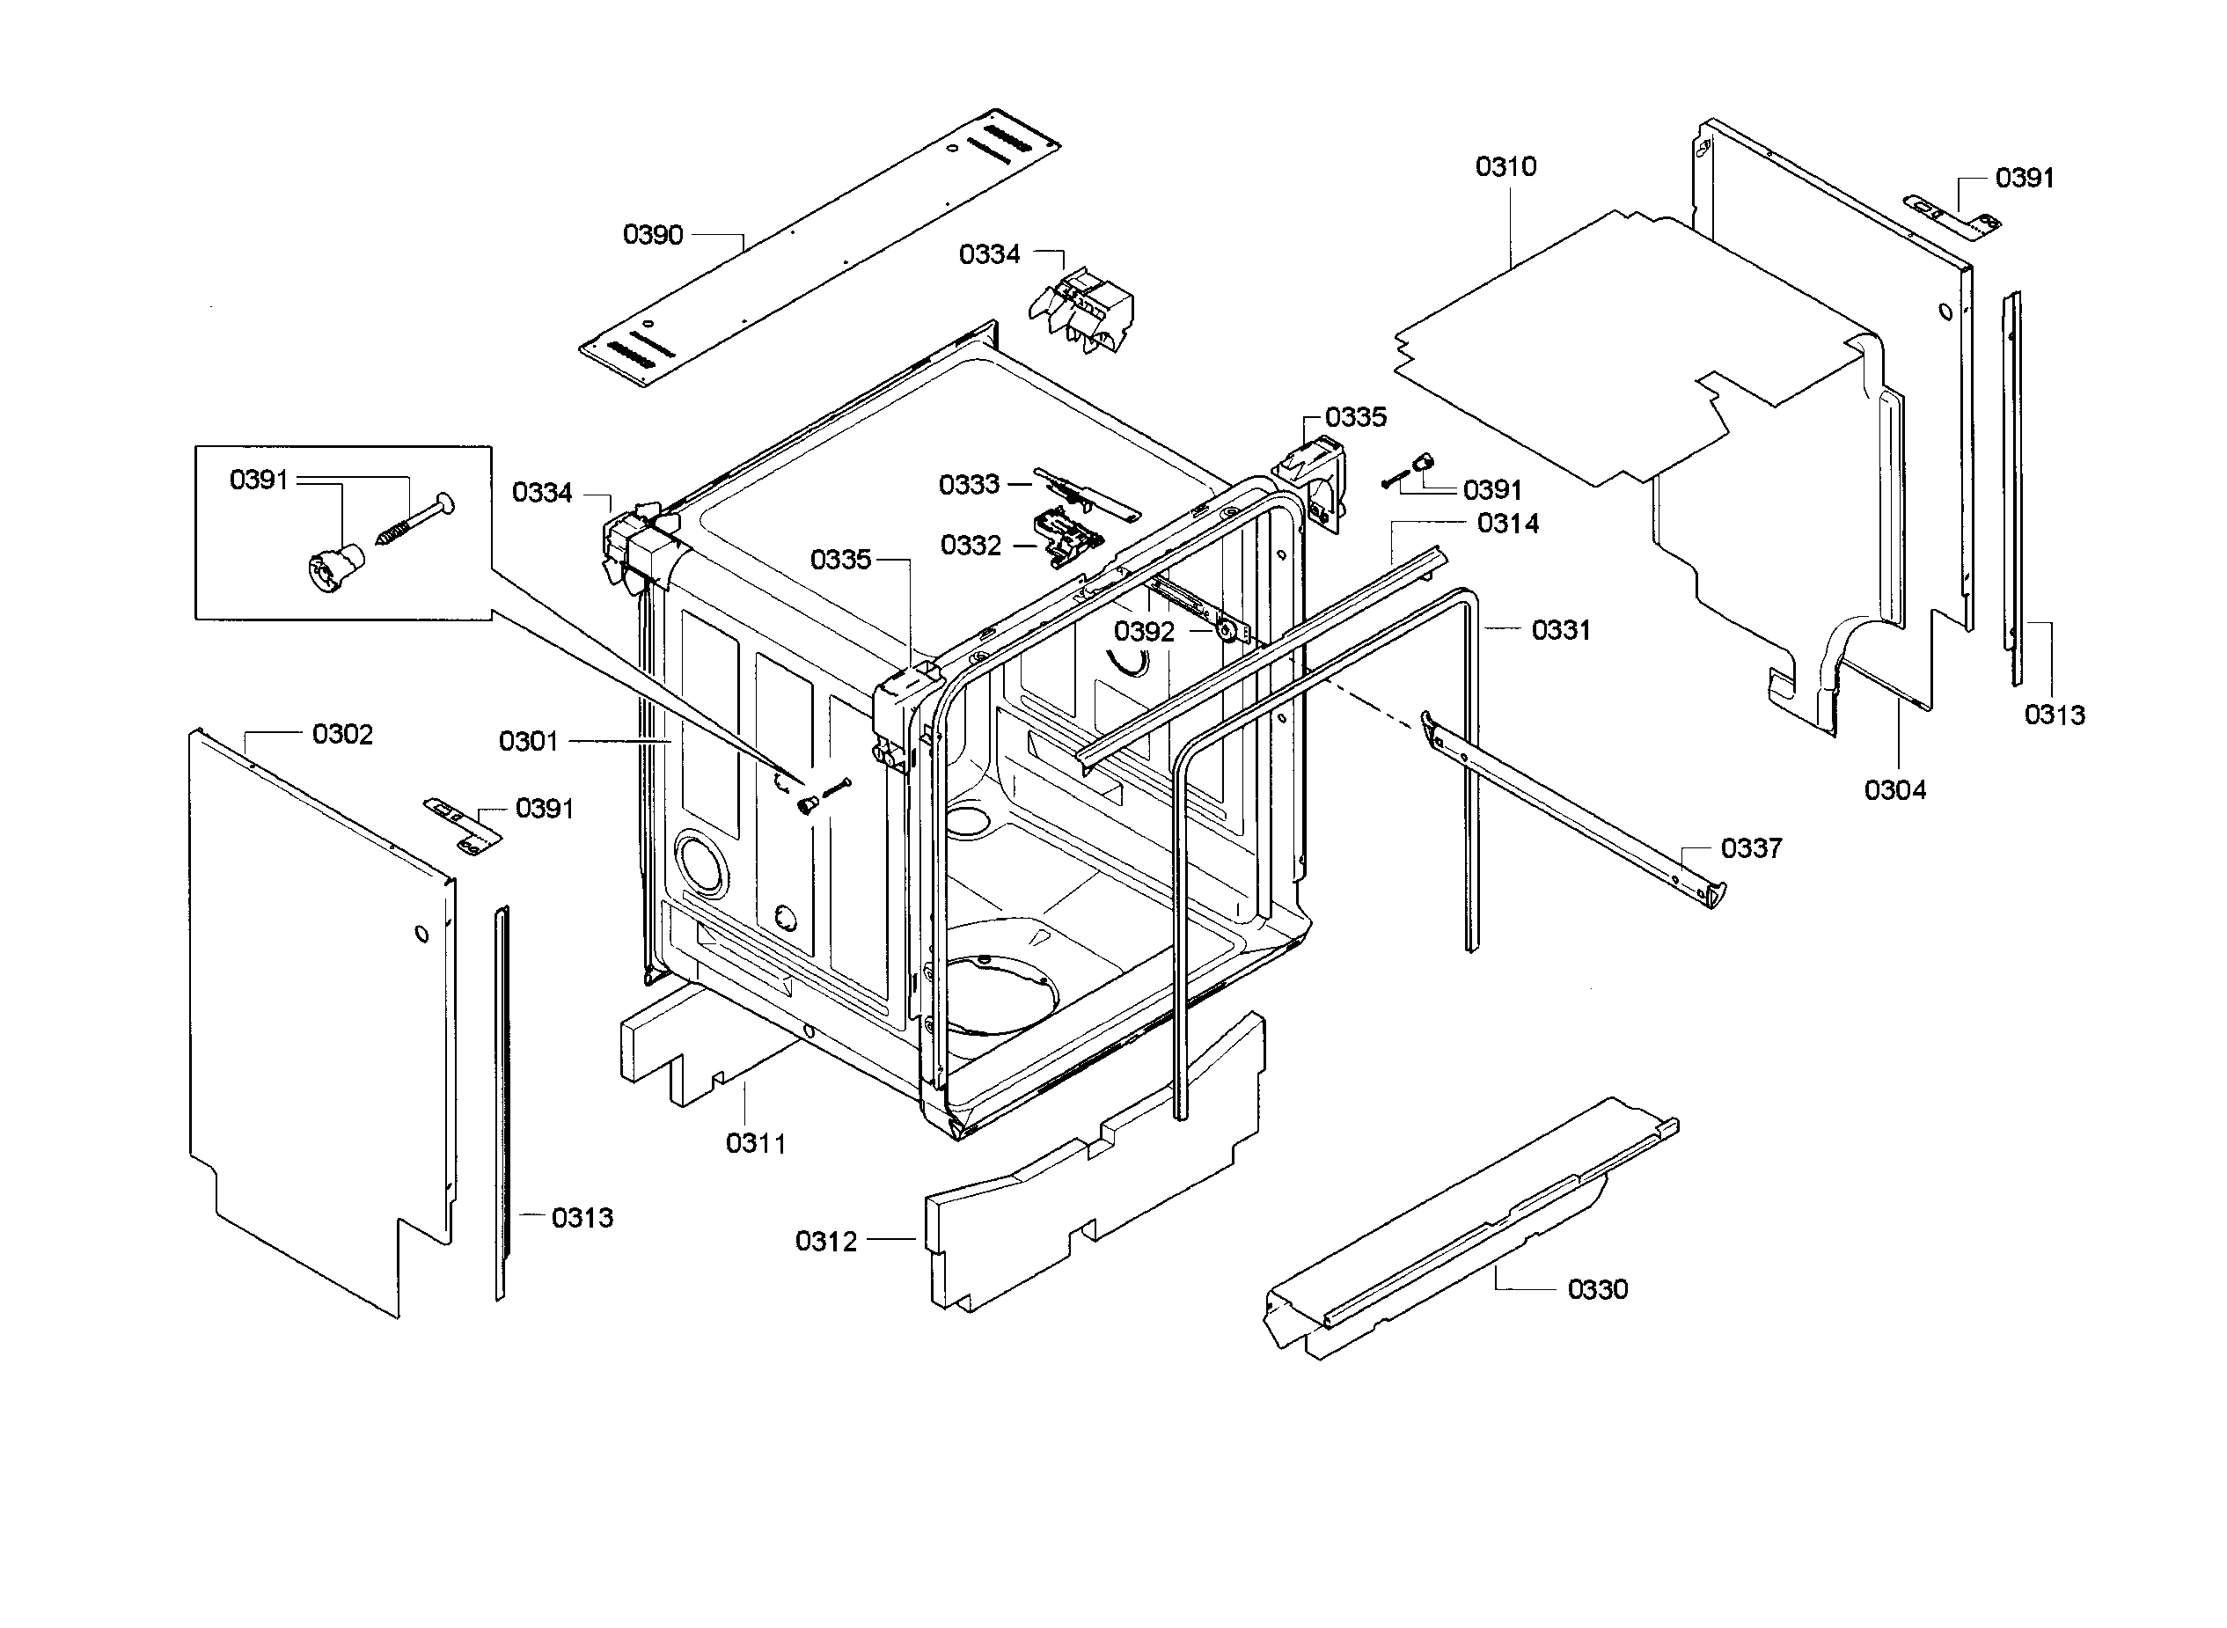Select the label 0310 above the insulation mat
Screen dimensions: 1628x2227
pyautogui.click(x=1505, y=166)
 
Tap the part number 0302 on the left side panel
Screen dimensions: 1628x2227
pyautogui.click(x=342, y=734)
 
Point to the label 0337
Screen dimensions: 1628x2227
pyautogui.click(x=1751, y=848)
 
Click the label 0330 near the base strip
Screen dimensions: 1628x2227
pyautogui.click(x=1597, y=1289)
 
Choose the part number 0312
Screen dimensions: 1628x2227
pyautogui.click(x=825, y=1242)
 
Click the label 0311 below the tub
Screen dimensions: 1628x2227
pyautogui.click(x=756, y=1143)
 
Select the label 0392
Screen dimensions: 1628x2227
pyautogui.click(x=1144, y=632)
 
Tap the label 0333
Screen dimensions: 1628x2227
pyautogui.click(x=969, y=485)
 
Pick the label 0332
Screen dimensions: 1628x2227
pyautogui.click(x=971, y=545)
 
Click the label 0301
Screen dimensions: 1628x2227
pyautogui.click(x=528, y=741)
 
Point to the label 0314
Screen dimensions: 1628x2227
pyautogui.click(x=1507, y=524)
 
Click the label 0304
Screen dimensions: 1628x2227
pyautogui.click(x=1895, y=789)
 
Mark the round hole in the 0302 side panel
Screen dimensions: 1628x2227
pyautogui.click(x=421, y=932)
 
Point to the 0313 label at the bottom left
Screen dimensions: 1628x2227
pyautogui.click(x=582, y=1218)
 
